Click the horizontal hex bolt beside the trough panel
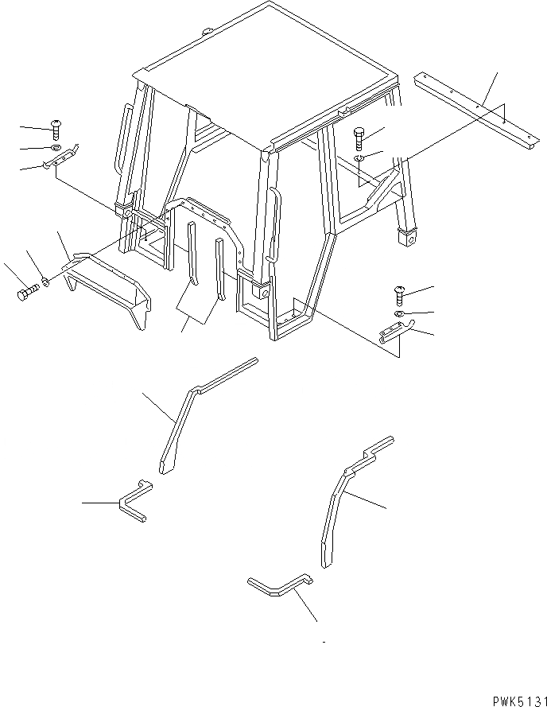[x=26, y=293]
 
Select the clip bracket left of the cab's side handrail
[x=60, y=161]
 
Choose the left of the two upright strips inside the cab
[x=192, y=258]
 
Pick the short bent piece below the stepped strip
[x=278, y=588]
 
